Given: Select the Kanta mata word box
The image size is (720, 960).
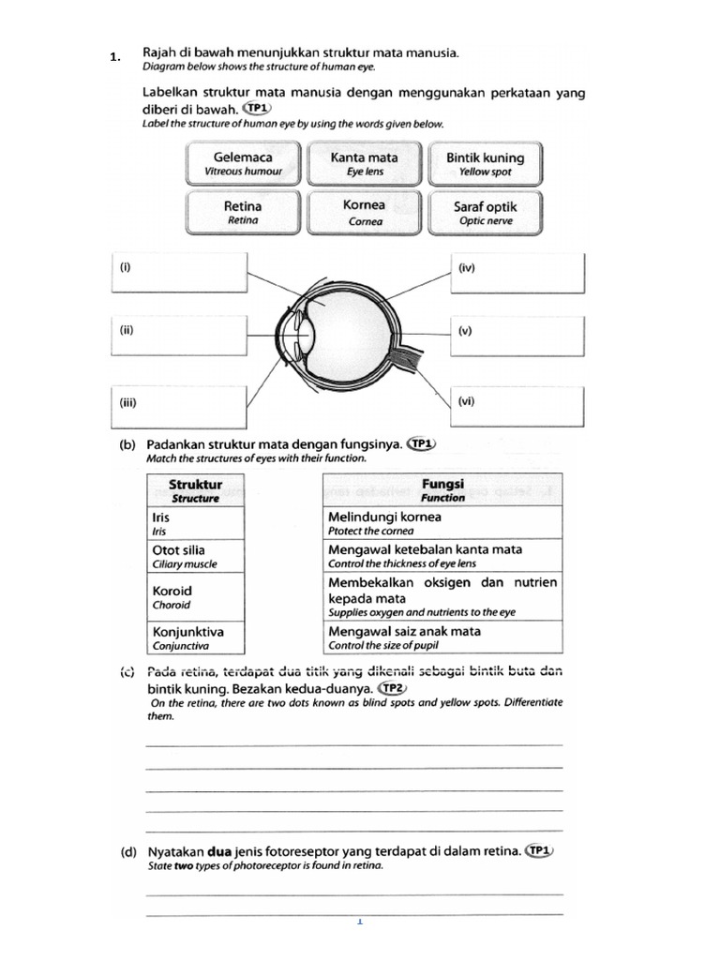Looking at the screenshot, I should pyautogui.click(x=364, y=163).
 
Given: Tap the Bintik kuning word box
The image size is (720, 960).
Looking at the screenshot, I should pyautogui.click(x=486, y=163).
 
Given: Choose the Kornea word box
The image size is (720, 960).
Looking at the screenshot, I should pyautogui.click(x=364, y=212).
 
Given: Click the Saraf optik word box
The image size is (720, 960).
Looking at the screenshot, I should pyautogui.click(x=486, y=212).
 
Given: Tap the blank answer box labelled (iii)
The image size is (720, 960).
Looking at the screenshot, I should pyautogui.click(x=177, y=407).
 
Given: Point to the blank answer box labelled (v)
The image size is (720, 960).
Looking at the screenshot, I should pyautogui.click(x=517, y=336).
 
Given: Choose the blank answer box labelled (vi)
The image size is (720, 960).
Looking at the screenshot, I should pyautogui.click(x=517, y=406).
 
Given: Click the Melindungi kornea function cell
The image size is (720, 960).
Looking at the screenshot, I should pyautogui.click(x=442, y=522).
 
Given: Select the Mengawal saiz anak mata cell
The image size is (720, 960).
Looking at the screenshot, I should pyautogui.click(x=442, y=637).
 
